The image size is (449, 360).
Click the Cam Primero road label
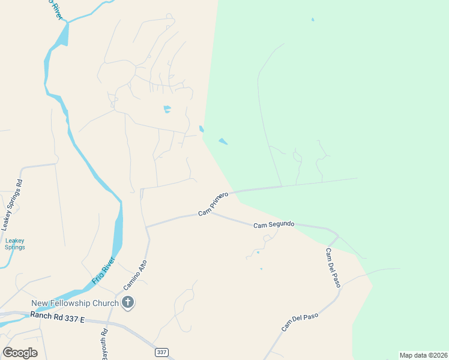tap(214, 205)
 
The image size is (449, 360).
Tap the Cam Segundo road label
tap(274, 224)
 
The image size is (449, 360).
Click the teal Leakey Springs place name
tap(15, 244)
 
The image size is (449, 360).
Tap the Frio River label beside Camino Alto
tap(103, 271)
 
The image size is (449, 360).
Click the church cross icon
tap(127, 302)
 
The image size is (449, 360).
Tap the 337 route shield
tap(161, 352)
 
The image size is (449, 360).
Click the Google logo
tap(20, 353)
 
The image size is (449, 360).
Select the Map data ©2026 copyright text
tap(423, 355)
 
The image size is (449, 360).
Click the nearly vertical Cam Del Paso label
tap(333, 268)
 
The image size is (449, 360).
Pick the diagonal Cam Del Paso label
tap(299, 322)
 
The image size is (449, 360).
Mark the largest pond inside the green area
tap(223, 142)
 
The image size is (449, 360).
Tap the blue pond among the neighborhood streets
tap(167, 109)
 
